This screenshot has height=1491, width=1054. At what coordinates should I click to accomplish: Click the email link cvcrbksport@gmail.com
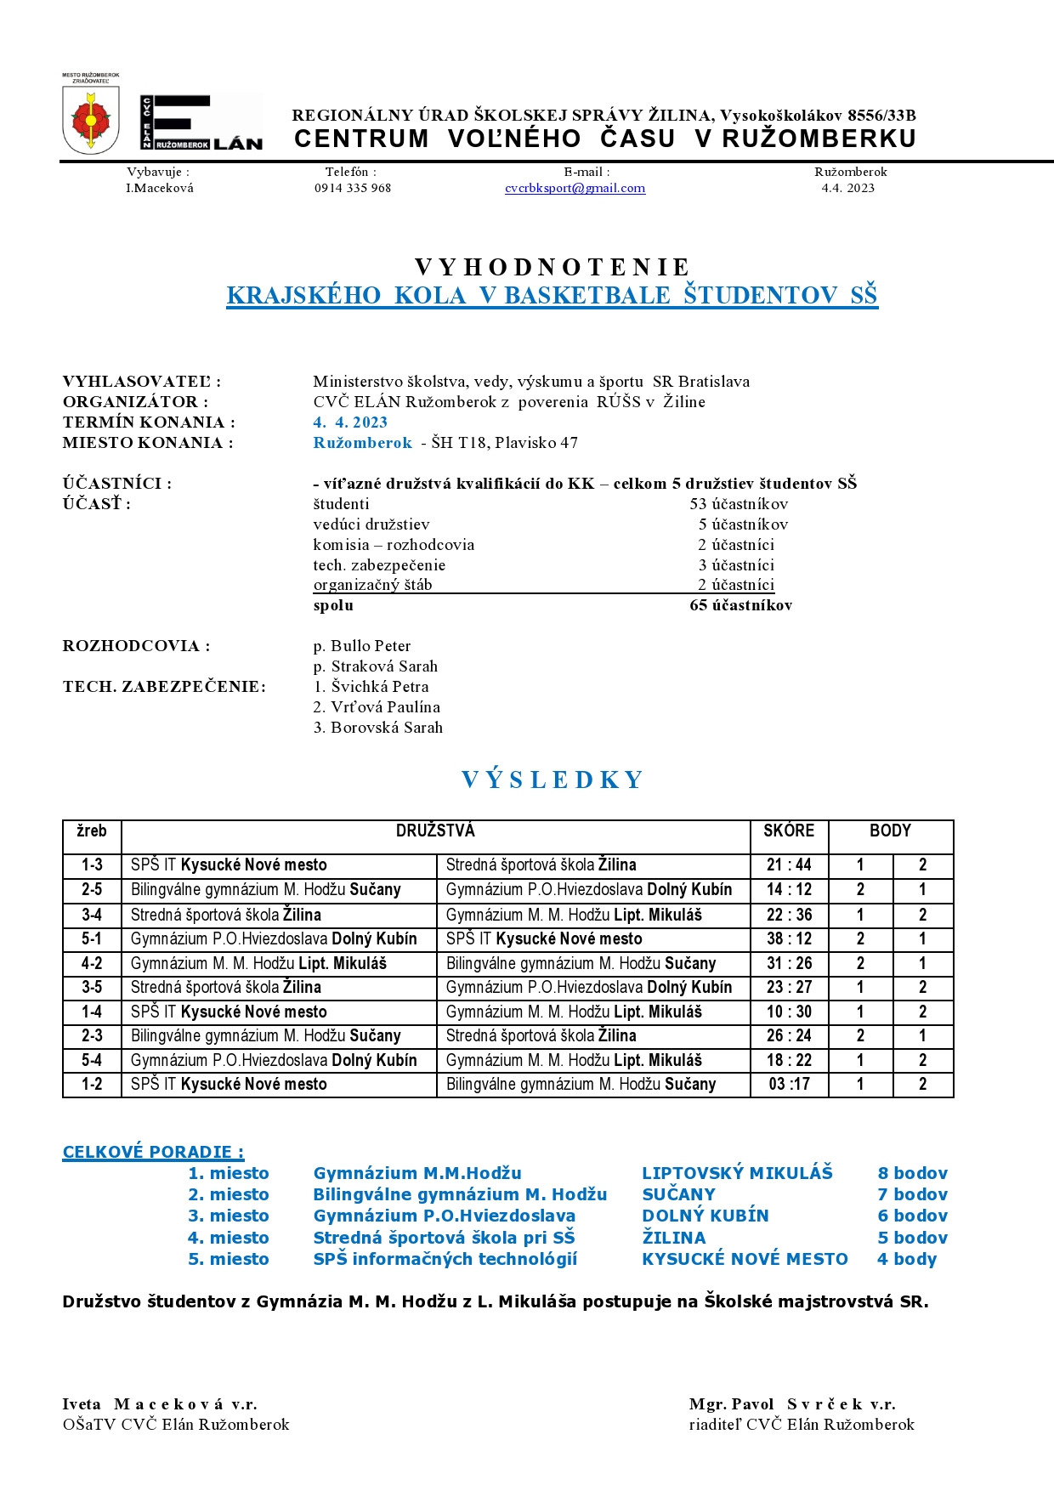click(x=575, y=188)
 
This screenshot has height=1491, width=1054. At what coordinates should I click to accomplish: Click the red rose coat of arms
click(x=91, y=122)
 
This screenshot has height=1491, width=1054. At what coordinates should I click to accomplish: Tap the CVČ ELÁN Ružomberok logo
click(x=201, y=123)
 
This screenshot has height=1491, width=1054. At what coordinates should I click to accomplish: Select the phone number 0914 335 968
click(x=353, y=188)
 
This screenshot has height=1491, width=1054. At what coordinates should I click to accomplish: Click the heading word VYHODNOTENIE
click(x=552, y=267)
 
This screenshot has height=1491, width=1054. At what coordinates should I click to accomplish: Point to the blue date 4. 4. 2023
click(x=350, y=422)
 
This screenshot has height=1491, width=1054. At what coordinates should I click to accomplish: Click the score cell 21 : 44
click(x=789, y=865)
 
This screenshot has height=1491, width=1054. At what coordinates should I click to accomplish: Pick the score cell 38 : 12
click(x=789, y=938)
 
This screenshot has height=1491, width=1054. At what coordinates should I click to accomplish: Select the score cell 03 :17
click(x=789, y=1085)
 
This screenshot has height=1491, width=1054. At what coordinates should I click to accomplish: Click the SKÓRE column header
click(x=789, y=831)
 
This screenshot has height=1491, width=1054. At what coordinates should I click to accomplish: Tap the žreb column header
click(x=92, y=831)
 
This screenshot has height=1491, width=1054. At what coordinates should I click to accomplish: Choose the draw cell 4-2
click(x=92, y=963)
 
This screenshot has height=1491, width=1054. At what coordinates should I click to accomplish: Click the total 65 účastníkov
click(x=740, y=605)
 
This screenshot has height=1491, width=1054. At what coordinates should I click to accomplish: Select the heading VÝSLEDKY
click(x=552, y=780)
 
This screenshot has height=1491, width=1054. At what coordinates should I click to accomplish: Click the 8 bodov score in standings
click(x=912, y=1173)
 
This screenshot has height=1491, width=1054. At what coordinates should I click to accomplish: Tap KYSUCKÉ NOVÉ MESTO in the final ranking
click(x=745, y=1259)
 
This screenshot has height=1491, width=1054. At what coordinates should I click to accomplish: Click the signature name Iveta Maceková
click(x=160, y=1404)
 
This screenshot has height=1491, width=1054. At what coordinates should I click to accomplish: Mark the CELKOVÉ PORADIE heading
click(x=153, y=1152)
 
